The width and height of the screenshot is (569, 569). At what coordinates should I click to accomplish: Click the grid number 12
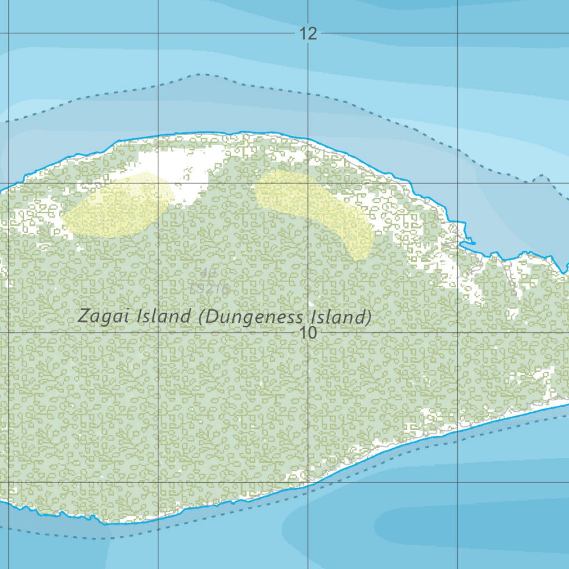pyautogui.click(x=308, y=34)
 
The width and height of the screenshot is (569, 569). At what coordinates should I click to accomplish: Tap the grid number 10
pyautogui.click(x=308, y=333)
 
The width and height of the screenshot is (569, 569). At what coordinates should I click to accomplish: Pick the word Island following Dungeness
pyautogui.click(x=341, y=317)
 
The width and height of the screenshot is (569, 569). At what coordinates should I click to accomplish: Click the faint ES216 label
pyautogui.click(x=210, y=288)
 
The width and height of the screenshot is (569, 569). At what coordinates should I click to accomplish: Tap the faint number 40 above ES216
pyautogui.click(x=208, y=273)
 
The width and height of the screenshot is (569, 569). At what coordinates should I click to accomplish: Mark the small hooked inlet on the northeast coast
pyautogui.click(x=468, y=241)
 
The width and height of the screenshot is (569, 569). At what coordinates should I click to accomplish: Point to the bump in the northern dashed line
pyautogui.click(x=541, y=178)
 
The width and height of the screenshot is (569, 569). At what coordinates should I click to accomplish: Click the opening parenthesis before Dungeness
pyautogui.click(x=202, y=318)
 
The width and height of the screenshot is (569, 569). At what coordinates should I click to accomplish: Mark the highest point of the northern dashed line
pyautogui.click(x=200, y=74)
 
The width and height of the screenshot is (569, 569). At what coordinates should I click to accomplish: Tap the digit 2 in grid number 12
pyautogui.click(x=312, y=34)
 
